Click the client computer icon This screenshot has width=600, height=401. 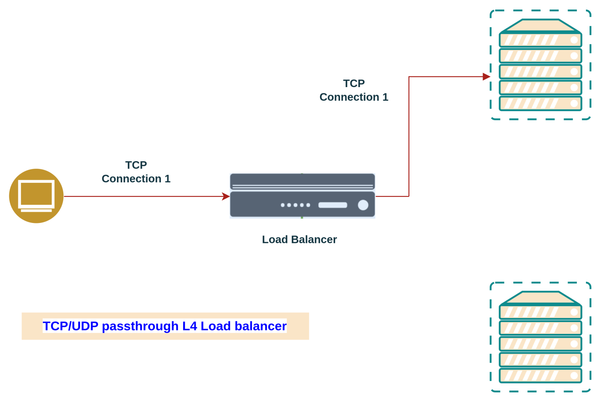click(36, 196)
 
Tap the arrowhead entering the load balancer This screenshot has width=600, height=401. click(226, 196)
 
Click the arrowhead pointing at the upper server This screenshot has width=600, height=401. click(486, 77)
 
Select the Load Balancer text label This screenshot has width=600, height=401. click(299, 239)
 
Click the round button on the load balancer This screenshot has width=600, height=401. click(363, 205)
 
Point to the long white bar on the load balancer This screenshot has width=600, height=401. click(332, 205)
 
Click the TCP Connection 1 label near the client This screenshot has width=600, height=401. click(136, 172)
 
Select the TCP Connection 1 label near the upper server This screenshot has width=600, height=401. click(354, 91)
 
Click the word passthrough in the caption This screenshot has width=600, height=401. click(140, 326)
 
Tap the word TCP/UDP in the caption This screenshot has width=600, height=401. click(70, 326)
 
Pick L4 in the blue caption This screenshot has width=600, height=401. click(190, 326)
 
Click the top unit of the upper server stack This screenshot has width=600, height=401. click(540, 40)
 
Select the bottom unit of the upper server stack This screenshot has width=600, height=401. click(540, 103)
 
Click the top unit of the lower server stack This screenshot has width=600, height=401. click(540, 312)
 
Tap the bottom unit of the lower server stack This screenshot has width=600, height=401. click(540, 376)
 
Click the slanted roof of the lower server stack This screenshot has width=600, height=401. click(540, 298)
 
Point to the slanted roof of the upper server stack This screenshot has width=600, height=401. click(540, 26)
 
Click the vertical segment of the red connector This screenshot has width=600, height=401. click(409, 137)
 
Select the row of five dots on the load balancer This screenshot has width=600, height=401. click(295, 205)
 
